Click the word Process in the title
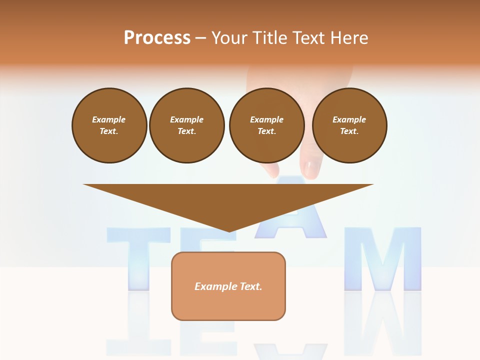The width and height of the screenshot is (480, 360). click(157, 37)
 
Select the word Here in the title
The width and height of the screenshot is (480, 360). click(348, 37)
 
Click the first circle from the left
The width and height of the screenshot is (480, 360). click(109, 125)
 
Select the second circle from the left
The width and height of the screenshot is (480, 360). click(186, 125)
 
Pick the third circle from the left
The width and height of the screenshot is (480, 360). click(266, 125)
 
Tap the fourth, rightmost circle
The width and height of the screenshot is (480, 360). click(349, 125)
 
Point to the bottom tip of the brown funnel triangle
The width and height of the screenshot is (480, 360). click(229, 230)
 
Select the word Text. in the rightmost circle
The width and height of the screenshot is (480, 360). click(349, 131)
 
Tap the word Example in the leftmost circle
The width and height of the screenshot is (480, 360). click(109, 120)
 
